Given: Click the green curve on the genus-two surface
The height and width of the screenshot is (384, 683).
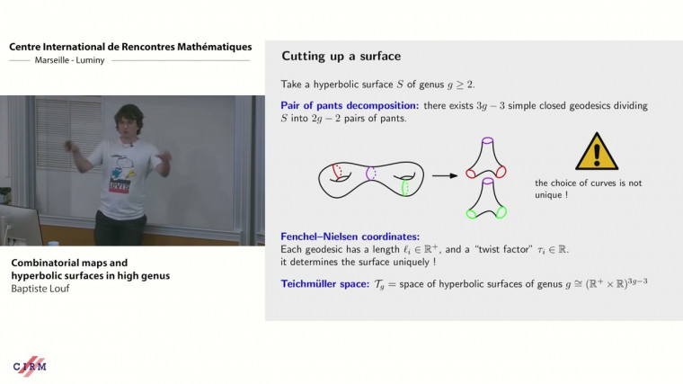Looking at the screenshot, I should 406,187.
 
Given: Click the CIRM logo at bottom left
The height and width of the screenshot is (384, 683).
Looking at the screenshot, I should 30,365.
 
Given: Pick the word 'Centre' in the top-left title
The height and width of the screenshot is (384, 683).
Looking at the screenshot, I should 28,46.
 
